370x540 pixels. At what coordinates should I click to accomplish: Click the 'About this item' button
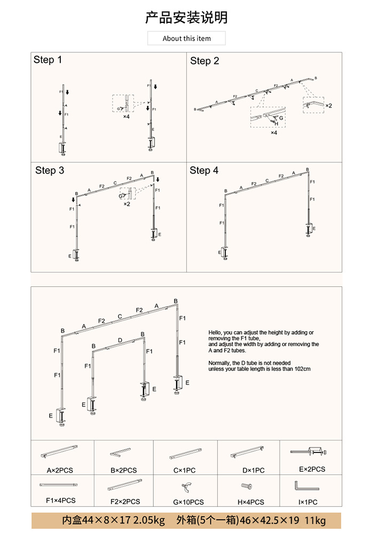[186, 38]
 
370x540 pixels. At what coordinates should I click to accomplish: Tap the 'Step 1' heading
[48, 60]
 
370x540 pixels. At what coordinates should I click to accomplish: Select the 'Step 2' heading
[204, 61]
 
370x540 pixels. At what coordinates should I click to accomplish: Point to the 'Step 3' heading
[50, 170]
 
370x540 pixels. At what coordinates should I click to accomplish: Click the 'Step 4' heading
[204, 170]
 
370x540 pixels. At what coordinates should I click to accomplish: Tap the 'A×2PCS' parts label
[60, 470]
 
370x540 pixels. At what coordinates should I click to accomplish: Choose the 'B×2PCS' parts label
[124, 470]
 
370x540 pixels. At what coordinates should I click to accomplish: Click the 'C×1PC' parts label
[184, 470]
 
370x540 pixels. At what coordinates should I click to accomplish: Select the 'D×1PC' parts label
[250, 470]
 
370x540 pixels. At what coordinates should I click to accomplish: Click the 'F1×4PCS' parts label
[60, 500]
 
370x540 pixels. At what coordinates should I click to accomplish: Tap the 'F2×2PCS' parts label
[125, 502]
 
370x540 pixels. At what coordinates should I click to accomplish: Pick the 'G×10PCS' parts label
[188, 502]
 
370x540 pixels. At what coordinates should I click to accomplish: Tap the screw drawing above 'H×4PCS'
[247, 486]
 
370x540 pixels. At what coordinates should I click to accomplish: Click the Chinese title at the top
[186, 17]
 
